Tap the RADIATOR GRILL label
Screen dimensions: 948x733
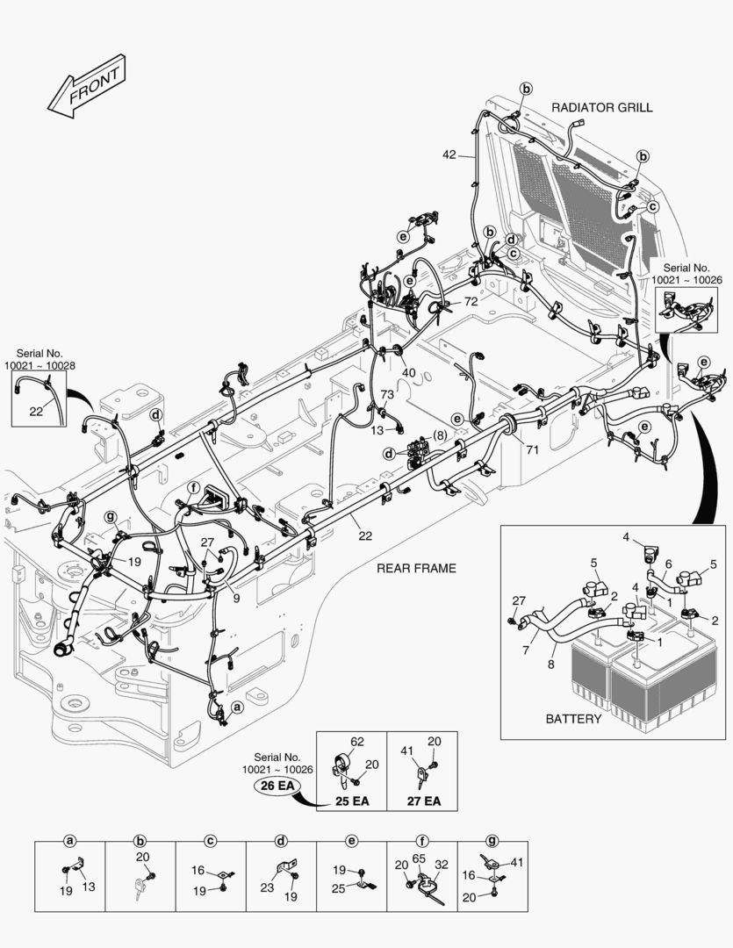[601, 107]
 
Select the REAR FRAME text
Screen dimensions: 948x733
[416, 568]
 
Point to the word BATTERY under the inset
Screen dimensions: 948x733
[573, 719]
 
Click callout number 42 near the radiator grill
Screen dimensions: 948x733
[449, 154]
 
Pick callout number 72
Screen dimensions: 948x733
[471, 301]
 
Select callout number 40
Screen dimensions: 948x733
[408, 373]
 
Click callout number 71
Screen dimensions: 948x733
[532, 449]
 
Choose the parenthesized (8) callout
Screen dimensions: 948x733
[438, 434]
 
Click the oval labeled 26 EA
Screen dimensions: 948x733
[275, 786]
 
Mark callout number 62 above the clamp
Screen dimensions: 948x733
[357, 741]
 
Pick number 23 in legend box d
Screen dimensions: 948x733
[267, 887]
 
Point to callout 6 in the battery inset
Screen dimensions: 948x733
[668, 564]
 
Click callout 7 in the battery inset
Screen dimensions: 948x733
[526, 650]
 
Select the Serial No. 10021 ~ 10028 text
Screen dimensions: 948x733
[40, 357]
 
